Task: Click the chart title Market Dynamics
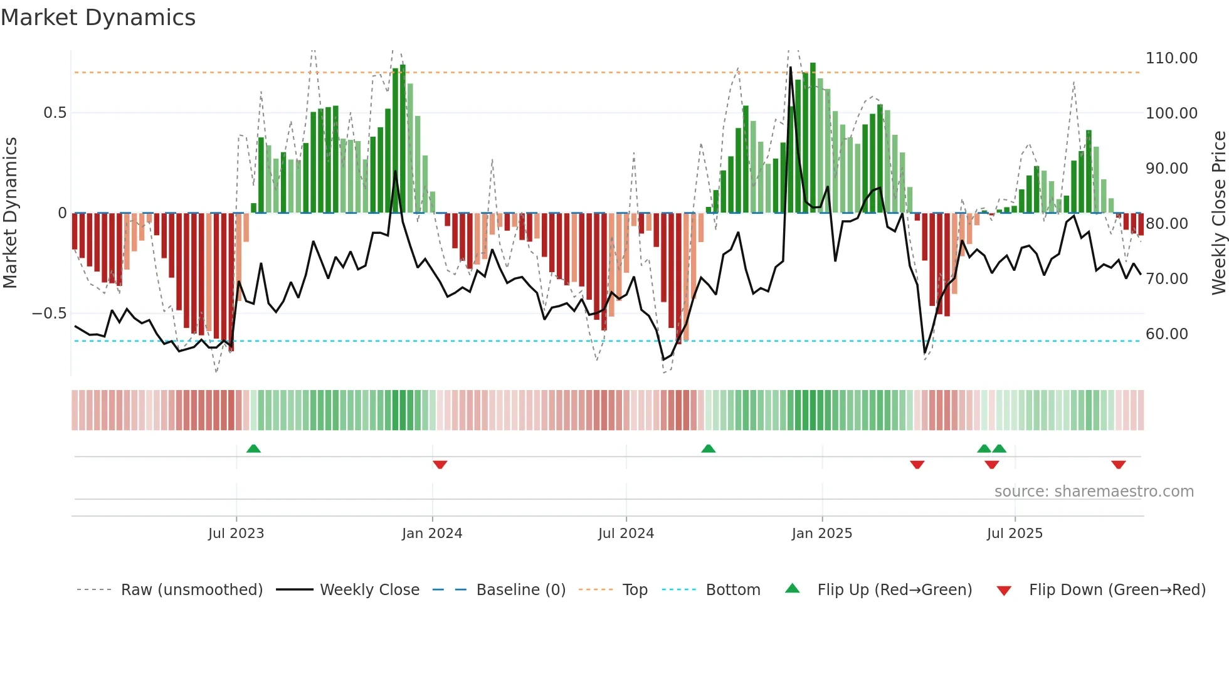point(98,18)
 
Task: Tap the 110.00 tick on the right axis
point(1171,58)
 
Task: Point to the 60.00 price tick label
point(1166,334)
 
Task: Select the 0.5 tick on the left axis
point(55,113)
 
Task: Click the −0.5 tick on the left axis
point(50,314)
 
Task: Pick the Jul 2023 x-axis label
point(236,534)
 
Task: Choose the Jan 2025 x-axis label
point(821,534)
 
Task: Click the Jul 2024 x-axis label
point(626,534)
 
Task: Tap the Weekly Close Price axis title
point(1218,213)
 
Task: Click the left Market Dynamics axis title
point(10,213)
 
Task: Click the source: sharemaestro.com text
point(1094,492)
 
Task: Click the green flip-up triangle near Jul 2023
point(253,449)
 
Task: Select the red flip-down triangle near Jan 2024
point(440,465)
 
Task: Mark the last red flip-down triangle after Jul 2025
point(1118,465)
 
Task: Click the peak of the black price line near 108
point(790,68)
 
